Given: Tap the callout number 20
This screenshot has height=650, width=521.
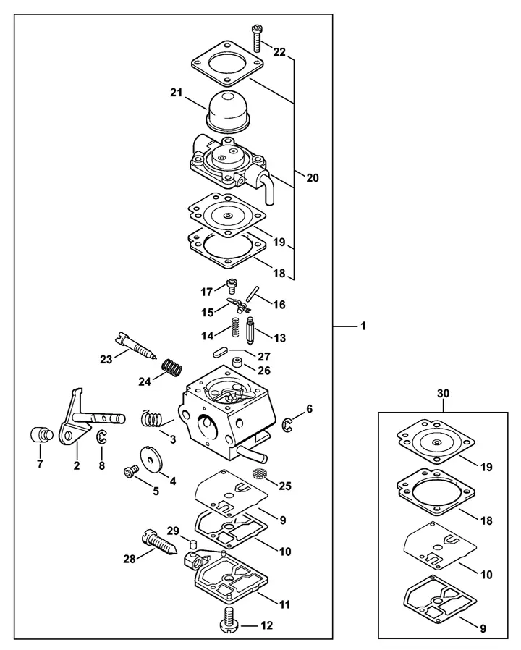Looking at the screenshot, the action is [313, 178].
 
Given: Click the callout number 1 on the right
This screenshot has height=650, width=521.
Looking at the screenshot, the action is [363, 326].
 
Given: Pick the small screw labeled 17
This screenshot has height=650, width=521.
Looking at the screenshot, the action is [231, 286].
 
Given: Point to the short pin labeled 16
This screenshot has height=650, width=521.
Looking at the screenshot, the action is [251, 295].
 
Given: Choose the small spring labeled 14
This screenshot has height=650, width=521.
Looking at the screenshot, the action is [235, 327].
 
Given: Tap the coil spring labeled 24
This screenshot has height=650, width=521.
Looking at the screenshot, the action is [171, 367].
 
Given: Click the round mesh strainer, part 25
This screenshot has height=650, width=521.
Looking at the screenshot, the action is [259, 473].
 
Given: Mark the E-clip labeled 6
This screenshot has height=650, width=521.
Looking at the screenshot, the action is [288, 423].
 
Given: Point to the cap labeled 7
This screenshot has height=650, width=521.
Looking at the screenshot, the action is [42, 435].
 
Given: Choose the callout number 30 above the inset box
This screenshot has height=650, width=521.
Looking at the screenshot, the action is [443, 393].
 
